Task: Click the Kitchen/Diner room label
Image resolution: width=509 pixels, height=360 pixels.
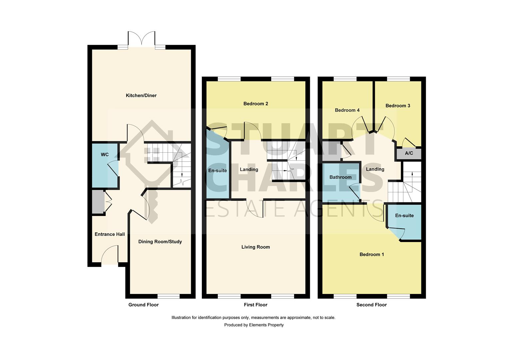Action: pos(141,96)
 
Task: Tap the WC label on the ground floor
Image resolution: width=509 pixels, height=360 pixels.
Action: pos(105,155)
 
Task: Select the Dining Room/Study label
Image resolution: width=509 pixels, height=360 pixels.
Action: pos(160,242)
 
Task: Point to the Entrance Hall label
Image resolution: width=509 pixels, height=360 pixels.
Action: pos(110,234)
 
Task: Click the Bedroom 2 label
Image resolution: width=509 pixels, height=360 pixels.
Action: pos(255,104)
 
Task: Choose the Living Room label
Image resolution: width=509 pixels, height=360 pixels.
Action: pos(255,247)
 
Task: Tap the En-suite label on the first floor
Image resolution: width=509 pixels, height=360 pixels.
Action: pos(217,171)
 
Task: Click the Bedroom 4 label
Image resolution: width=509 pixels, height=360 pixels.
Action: pos(347,110)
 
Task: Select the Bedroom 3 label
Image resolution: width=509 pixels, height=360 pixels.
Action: pos(398,106)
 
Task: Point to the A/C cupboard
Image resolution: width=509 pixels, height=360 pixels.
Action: pos(409,153)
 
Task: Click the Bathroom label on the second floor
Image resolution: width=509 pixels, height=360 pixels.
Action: pos(340,177)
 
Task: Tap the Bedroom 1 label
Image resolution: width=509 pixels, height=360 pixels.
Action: pos(371,255)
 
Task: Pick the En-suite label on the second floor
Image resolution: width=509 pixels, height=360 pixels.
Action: pos(404,216)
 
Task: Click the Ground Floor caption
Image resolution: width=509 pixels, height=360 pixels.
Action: pos(144,305)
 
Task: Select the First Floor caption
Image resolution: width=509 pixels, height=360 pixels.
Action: pos(255,305)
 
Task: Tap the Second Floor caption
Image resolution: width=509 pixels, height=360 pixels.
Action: pos(371,305)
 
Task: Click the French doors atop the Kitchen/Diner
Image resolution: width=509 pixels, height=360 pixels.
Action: pos(142,39)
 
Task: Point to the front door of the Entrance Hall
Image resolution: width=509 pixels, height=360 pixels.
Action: pos(110,257)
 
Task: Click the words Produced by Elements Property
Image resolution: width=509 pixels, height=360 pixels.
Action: pos(254,325)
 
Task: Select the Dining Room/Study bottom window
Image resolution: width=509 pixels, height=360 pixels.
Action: pos(169,296)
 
